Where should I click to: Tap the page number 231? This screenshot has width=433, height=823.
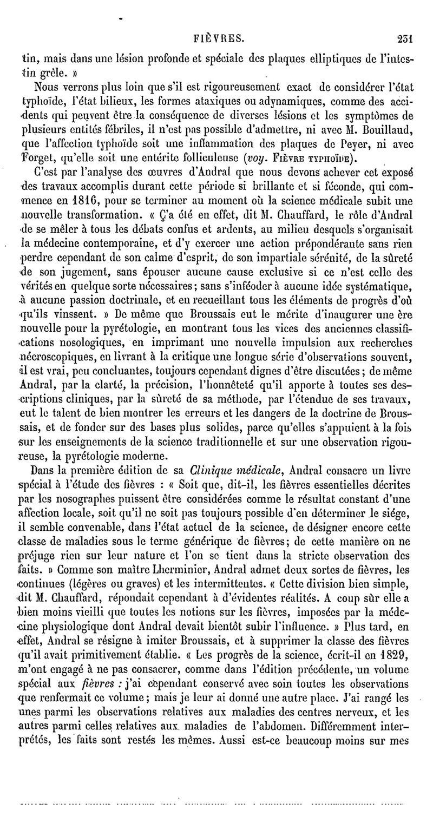click(x=405, y=39)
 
